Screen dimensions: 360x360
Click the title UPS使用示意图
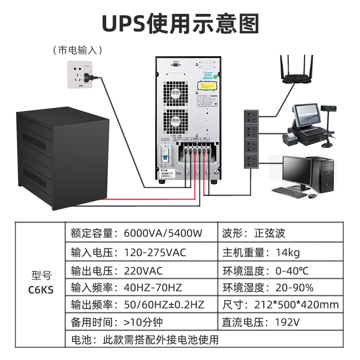click(180, 23)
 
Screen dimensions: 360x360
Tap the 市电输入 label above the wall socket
click(77, 50)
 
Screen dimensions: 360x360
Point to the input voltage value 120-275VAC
click(155, 252)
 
